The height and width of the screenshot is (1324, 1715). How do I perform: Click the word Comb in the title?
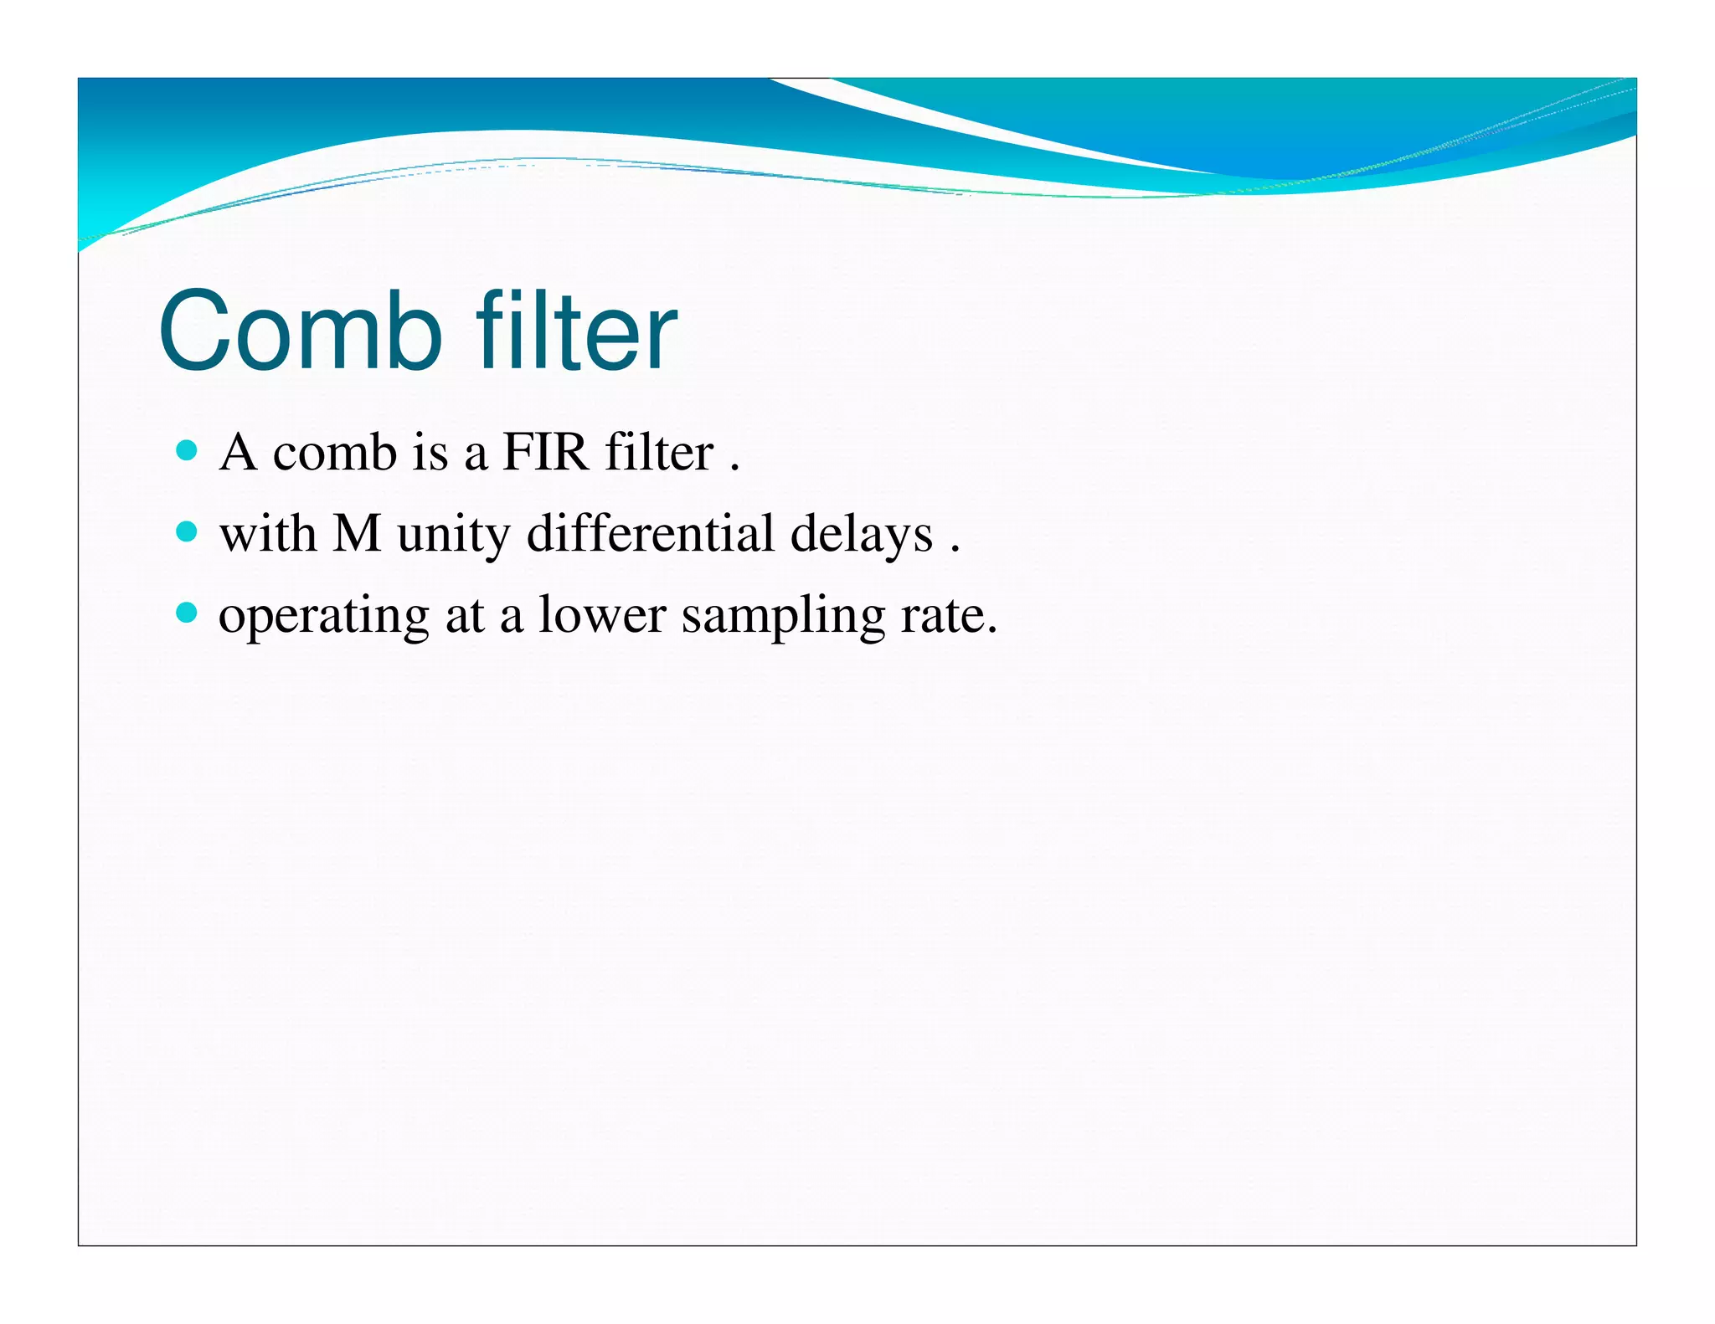point(300,331)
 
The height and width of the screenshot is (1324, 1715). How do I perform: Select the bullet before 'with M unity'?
point(188,532)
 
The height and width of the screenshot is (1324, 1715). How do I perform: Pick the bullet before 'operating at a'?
point(188,613)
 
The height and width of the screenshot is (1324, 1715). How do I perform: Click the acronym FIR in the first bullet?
point(545,453)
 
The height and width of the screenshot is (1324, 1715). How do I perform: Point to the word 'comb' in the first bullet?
point(334,453)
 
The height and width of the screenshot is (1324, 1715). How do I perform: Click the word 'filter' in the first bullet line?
point(659,453)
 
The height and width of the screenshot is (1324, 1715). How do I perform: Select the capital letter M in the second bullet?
point(357,533)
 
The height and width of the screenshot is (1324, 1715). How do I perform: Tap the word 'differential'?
point(650,533)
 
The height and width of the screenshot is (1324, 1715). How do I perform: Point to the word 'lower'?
point(602,615)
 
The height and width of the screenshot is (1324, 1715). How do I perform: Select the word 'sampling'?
point(783,617)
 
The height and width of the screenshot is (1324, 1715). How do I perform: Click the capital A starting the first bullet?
point(238,453)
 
